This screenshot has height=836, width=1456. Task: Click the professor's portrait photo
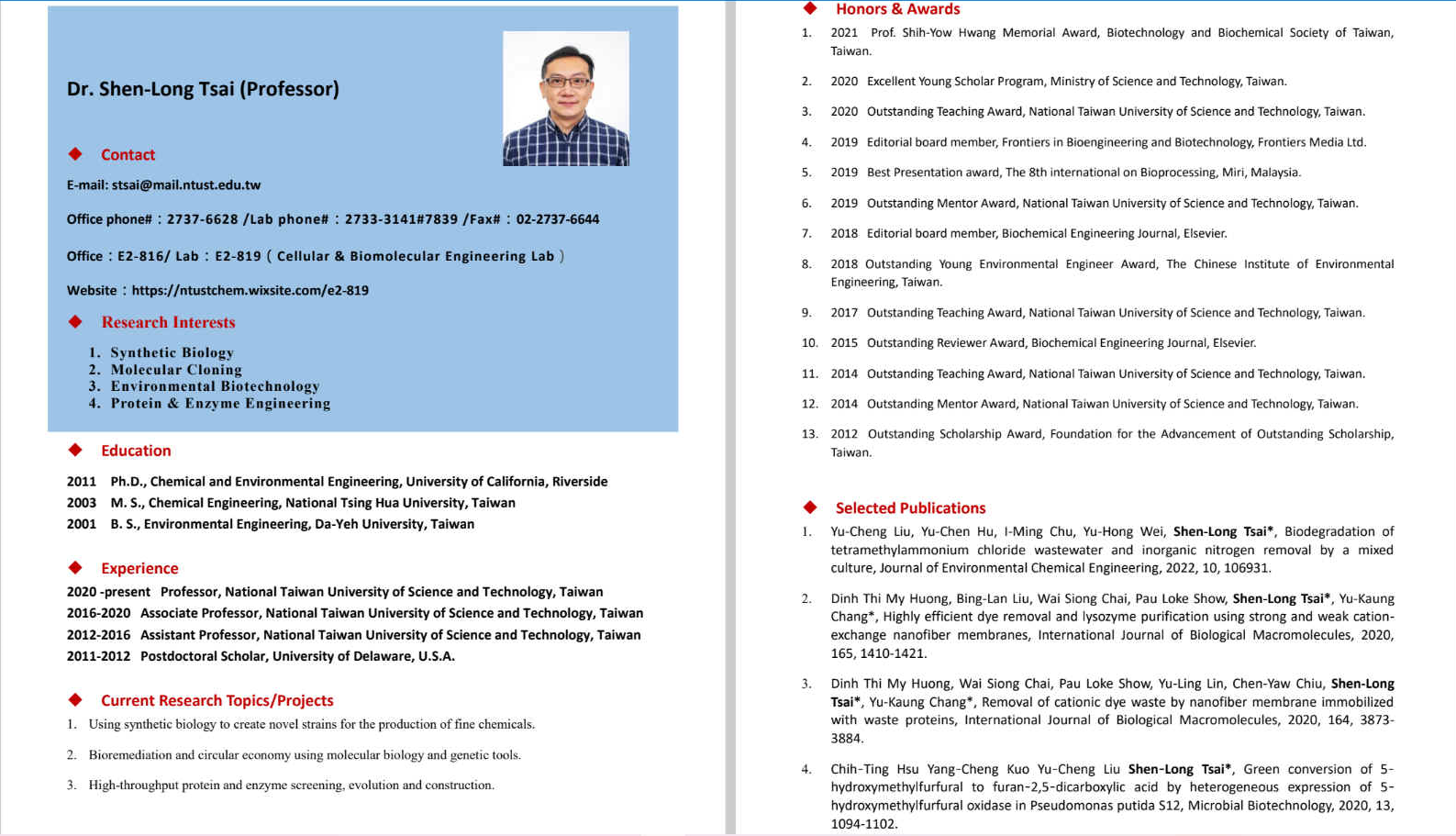[565, 98]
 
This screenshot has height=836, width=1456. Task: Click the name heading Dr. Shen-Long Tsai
[203, 89]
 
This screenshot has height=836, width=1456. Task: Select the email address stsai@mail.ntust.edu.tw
[186, 185]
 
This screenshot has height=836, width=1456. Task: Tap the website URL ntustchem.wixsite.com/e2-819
[250, 291]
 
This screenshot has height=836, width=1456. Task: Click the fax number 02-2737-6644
[557, 219]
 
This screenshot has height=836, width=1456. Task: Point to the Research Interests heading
[168, 322]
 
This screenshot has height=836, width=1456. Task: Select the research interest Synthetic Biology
[172, 352]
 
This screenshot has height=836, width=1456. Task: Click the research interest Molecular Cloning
[176, 370]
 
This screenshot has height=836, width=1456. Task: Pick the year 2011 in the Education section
[81, 482]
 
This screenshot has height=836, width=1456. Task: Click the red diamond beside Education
[75, 450]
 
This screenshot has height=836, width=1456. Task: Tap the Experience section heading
[139, 568]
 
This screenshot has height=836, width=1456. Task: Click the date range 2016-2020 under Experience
[98, 613]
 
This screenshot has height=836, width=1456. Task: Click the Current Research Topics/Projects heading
[217, 700]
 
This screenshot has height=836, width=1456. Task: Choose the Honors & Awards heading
[897, 9]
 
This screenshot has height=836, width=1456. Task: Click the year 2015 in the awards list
[844, 343]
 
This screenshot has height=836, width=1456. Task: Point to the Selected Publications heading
[910, 508]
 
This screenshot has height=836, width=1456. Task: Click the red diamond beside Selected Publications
[810, 507]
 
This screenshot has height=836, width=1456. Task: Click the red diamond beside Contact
[75, 154]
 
